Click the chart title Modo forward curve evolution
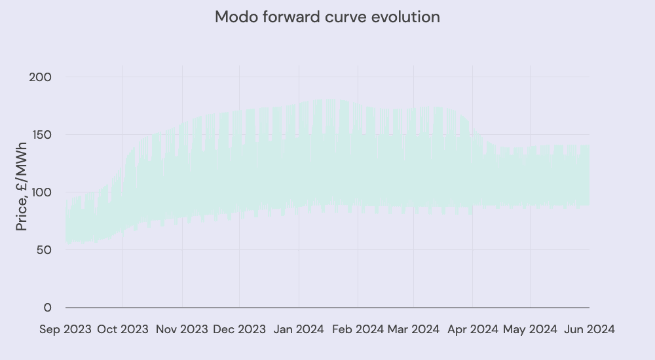[x=327, y=17]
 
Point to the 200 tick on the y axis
[x=40, y=77]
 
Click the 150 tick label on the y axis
[x=40, y=135]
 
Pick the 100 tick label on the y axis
[x=40, y=192]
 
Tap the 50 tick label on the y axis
[x=43, y=250]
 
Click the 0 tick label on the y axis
[x=47, y=308]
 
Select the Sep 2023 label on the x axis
[x=65, y=329]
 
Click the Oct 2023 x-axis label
[x=122, y=329]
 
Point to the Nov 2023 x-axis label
[x=181, y=329]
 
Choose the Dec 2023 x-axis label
[x=239, y=329]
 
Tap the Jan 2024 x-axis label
[x=299, y=329]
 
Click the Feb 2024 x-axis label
[x=358, y=329]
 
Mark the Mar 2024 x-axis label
[x=413, y=329]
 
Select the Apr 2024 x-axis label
[x=472, y=329]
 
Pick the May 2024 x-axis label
[x=530, y=329]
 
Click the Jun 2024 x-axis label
[x=589, y=329]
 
